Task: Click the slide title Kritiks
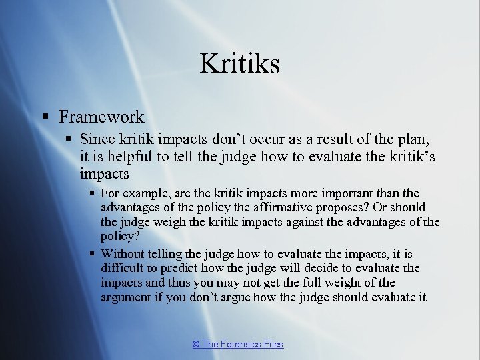click(x=239, y=64)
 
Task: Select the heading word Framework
click(x=101, y=117)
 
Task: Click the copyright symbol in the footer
click(x=195, y=345)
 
